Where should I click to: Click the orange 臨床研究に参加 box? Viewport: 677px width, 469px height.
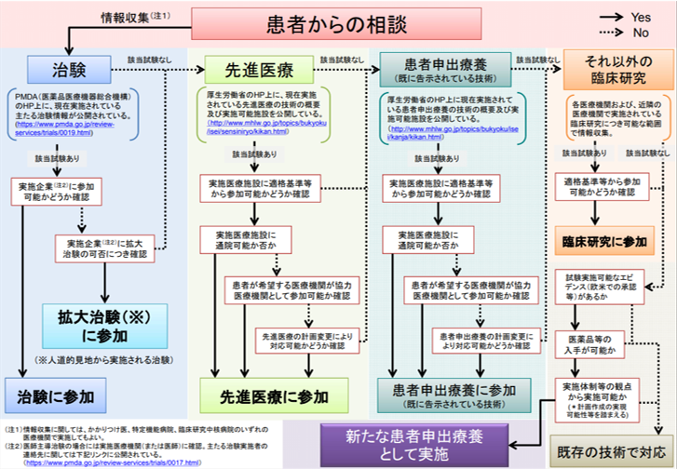[x=604, y=240]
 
